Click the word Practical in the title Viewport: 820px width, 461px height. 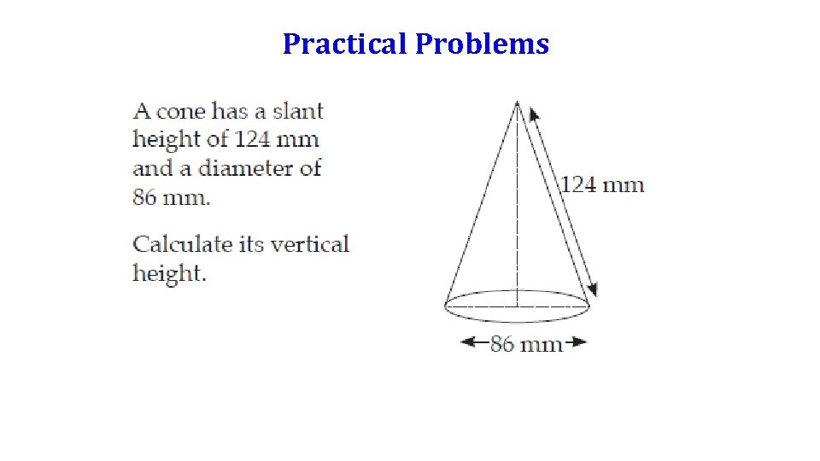(345, 44)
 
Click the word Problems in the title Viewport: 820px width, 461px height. (482, 44)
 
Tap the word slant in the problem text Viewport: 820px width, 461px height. (298, 111)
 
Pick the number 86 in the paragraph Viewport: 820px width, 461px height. (144, 196)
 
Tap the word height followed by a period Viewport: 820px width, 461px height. (169, 273)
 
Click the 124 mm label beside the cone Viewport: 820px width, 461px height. (602, 184)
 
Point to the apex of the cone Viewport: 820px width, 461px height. (518, 102)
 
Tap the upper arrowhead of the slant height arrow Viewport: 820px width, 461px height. (534, 114)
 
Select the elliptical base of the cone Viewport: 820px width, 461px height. (518, 319)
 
